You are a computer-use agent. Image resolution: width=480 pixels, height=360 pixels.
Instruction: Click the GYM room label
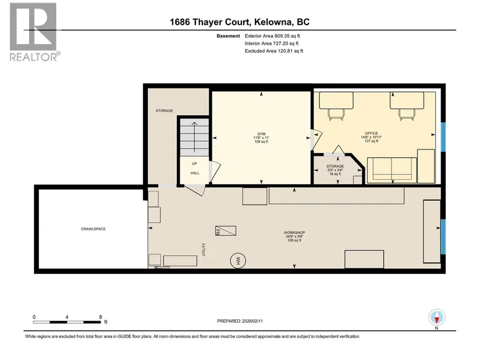[261, 134]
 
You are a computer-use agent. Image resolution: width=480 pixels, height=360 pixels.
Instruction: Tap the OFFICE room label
[371, 133]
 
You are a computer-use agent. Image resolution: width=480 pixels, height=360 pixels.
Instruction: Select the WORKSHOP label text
[294, 233]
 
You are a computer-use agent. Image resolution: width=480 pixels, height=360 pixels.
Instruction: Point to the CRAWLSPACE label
[93, 229]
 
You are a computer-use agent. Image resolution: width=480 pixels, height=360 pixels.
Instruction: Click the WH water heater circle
[238, 261]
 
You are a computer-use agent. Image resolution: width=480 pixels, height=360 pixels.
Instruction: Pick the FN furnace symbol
[226, 231]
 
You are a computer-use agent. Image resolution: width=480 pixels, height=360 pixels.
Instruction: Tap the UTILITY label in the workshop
[204, 249]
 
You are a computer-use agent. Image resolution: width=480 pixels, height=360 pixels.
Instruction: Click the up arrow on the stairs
[194, 137]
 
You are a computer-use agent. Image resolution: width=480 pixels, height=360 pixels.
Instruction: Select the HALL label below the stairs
[195, 173]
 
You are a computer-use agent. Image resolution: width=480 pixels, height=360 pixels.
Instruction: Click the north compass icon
[437, 318]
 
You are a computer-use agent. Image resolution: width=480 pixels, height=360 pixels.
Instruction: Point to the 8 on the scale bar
[101, 317]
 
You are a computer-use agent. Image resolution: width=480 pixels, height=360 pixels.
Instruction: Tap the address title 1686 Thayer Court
[240, 22]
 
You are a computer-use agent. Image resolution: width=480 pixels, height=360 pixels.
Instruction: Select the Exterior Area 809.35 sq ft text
[272, 36]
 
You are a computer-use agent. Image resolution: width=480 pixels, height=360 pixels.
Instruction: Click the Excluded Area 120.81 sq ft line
[274, 51]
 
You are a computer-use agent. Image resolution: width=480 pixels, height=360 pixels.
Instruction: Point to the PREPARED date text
[240, 321]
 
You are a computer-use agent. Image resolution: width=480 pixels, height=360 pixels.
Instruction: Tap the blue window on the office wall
[443, 137]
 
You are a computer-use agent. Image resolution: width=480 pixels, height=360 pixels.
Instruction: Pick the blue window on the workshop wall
[443, 237]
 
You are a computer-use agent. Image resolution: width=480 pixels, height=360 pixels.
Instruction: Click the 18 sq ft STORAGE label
[335, 170]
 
